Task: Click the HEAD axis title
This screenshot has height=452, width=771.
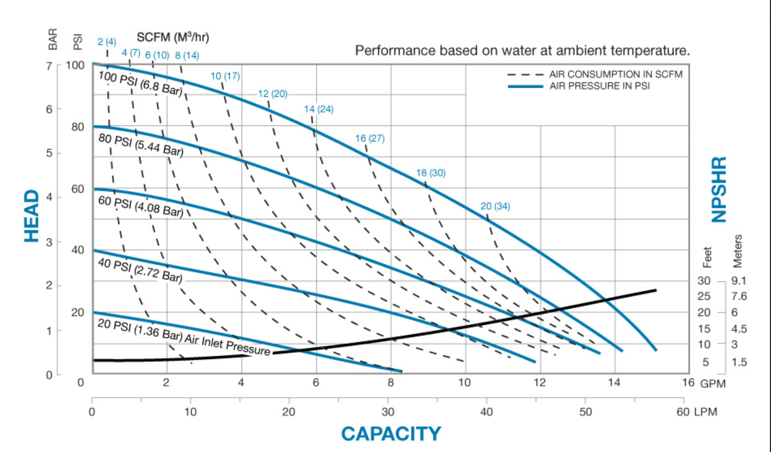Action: click(33, 216)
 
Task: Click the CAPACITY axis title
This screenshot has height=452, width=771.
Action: click(391, 434)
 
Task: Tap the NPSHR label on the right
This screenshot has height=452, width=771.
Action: click(718, 189)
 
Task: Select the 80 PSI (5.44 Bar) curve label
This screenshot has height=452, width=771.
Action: click(141, 146)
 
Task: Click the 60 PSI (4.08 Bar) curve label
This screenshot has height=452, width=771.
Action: click(140, 207)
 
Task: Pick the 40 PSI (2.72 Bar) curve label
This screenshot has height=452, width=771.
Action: click(139, 269)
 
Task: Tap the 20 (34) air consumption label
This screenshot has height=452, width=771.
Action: click(495, 206)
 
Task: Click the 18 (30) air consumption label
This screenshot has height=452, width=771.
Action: click(431, 173)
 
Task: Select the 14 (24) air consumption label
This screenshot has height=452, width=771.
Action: click(319, 109)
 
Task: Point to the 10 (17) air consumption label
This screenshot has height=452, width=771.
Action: click(225, 76)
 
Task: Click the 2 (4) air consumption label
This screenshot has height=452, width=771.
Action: click(107, 42)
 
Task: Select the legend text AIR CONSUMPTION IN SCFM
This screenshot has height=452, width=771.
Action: click(615, 74)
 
